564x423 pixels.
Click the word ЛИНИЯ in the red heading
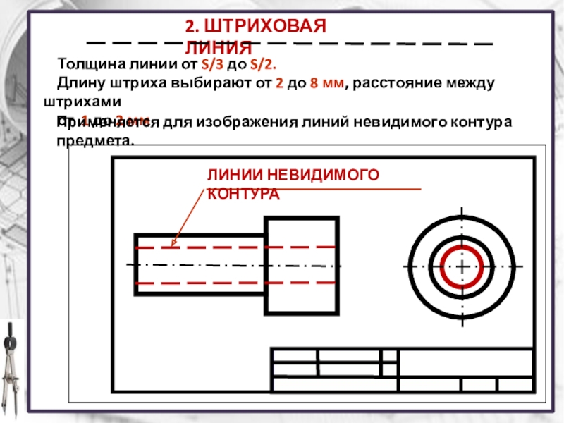click(219, 49)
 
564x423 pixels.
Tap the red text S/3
click(212, 65)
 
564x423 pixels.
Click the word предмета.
click(94, 140)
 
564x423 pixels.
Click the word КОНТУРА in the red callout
click(243, 193)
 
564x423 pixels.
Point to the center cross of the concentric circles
click(462, 266)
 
